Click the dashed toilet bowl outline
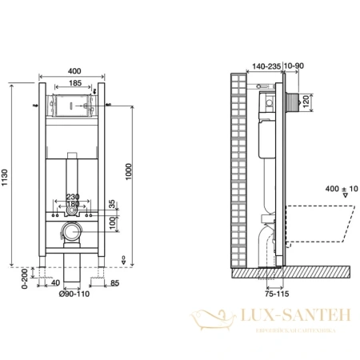320,224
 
